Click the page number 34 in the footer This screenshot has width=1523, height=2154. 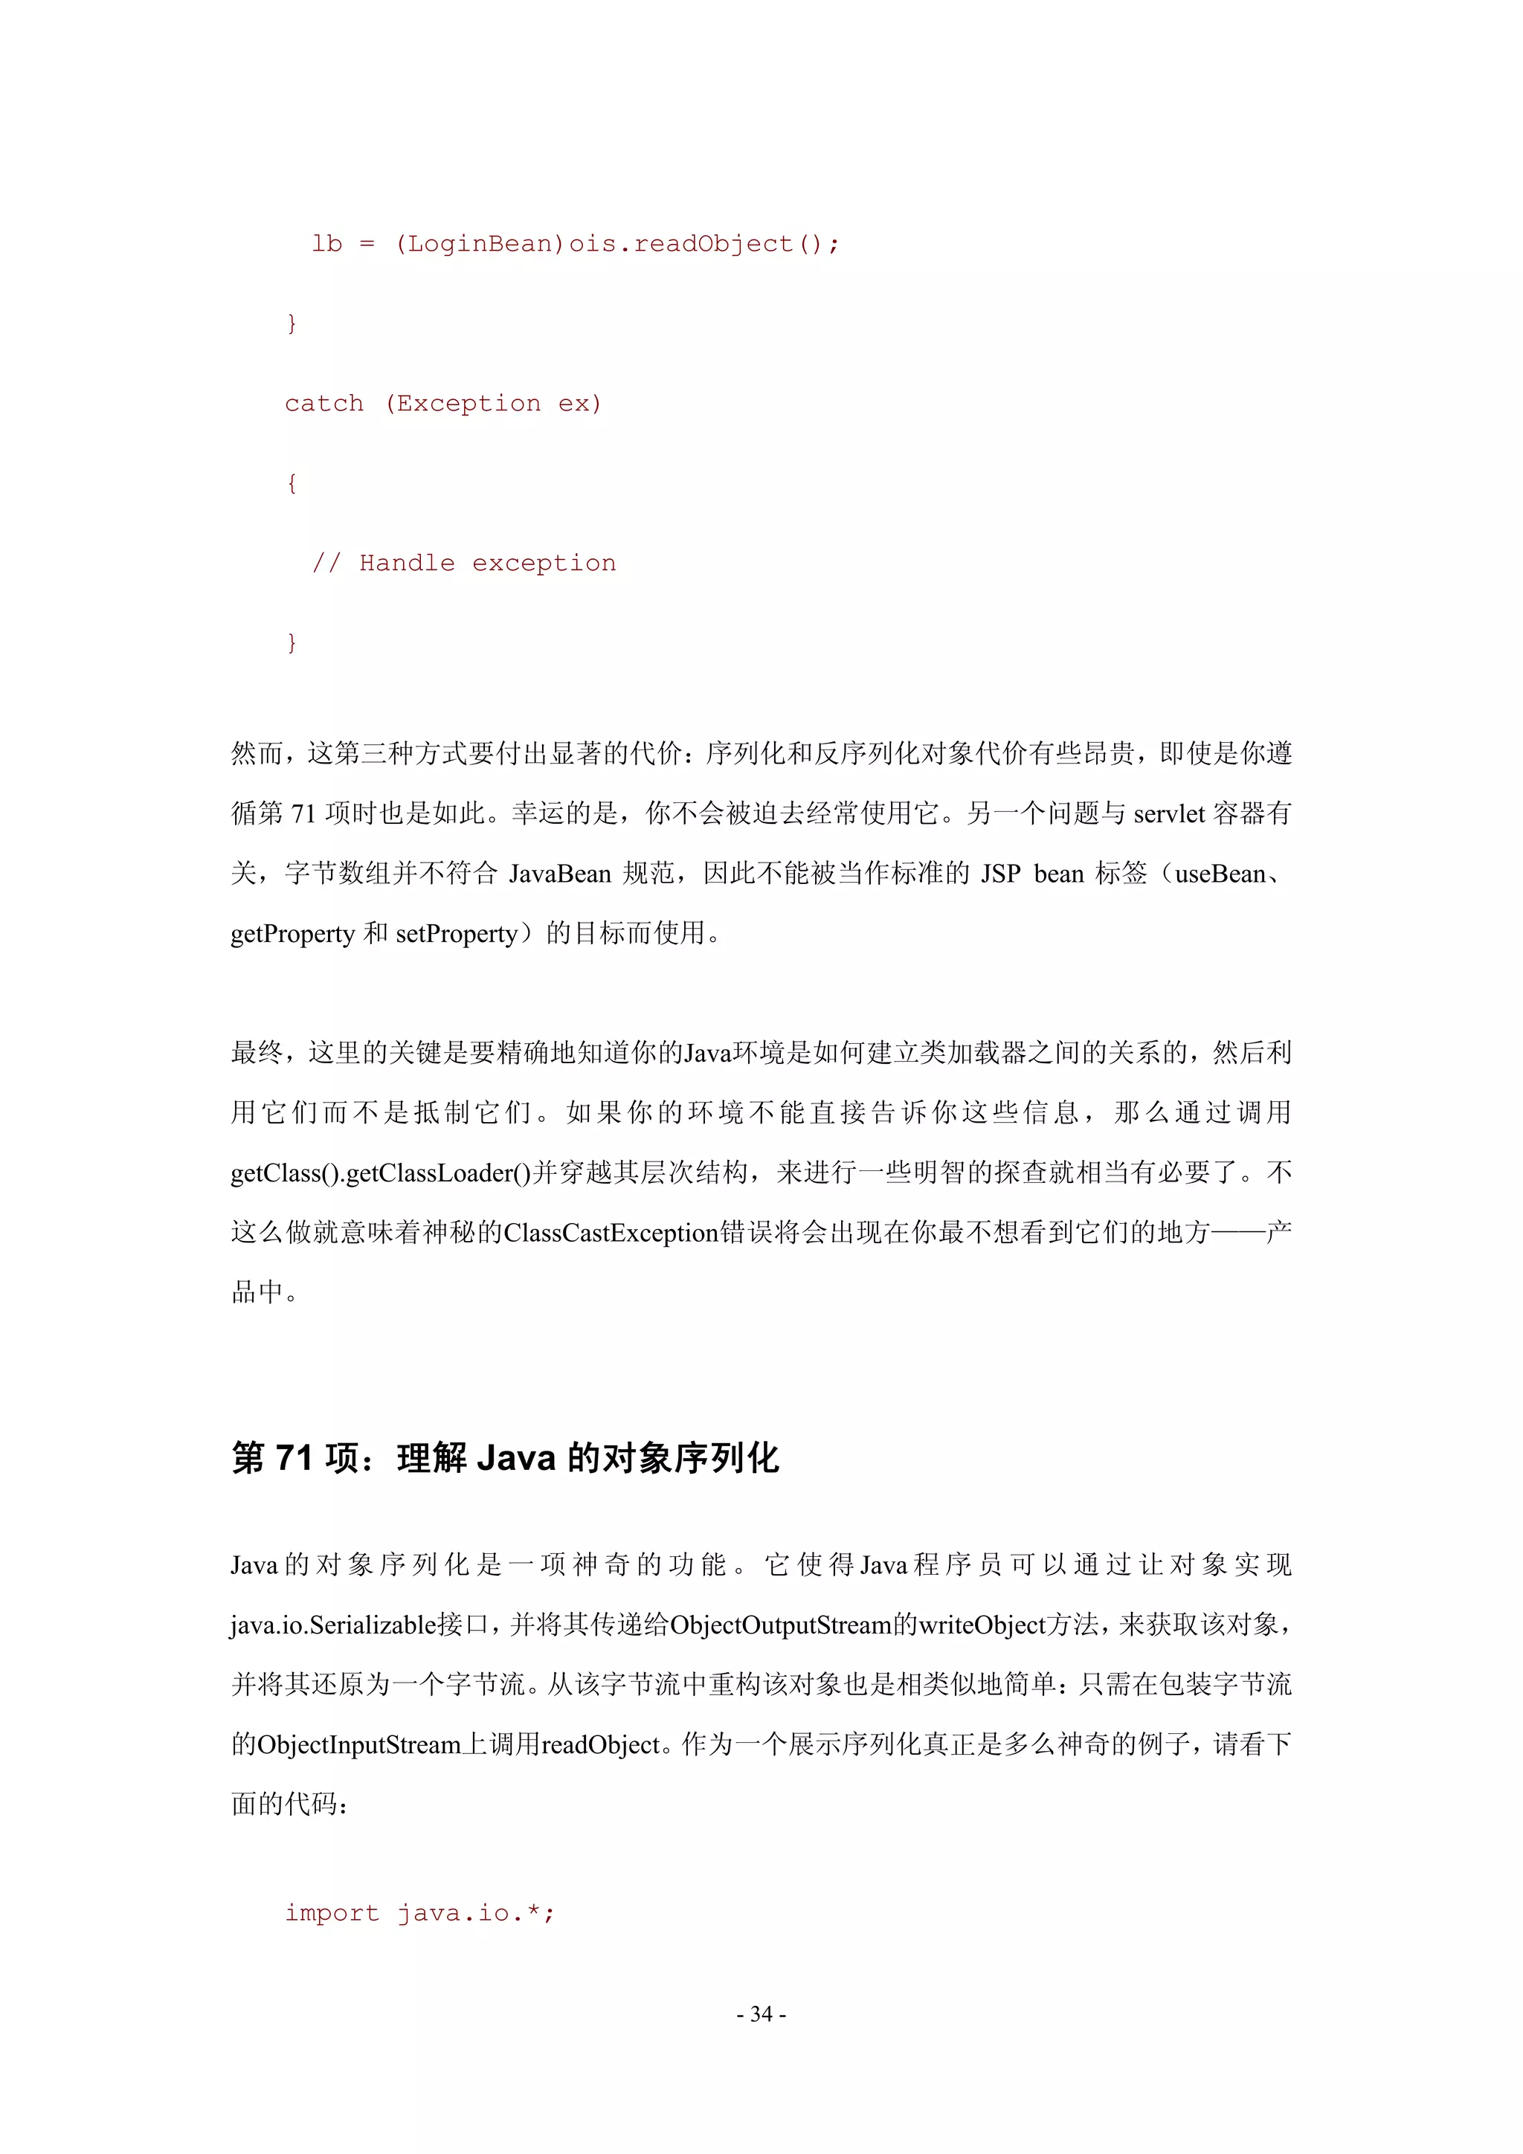(761, 2013)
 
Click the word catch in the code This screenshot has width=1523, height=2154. (323, 404)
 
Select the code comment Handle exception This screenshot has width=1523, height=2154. (487, 563)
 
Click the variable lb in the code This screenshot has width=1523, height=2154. (326, 244)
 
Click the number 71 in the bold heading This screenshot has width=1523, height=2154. (294, 1458)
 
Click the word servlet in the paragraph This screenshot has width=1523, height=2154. (1168, 813)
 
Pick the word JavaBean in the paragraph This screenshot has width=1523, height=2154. (559, 874)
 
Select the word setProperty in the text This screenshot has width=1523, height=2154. (457, 933)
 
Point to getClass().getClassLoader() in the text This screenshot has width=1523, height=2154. (381, 1173)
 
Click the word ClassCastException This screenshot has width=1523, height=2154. (611, 1232)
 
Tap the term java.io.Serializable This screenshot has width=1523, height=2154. (333, 1624)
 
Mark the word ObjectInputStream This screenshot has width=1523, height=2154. (359, 1744)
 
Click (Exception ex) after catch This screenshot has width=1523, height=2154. (492, 404)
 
